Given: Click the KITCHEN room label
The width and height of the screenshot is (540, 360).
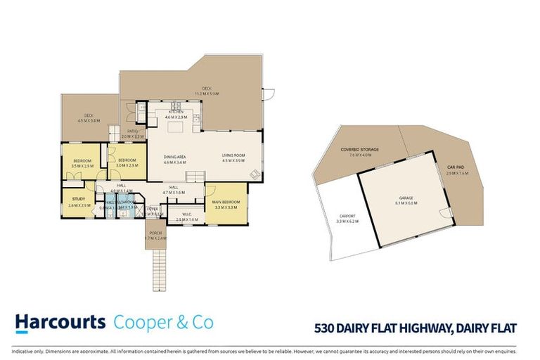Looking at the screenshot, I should tap(175, 112).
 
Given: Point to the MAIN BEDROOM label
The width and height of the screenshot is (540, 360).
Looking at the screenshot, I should tap(226, 202).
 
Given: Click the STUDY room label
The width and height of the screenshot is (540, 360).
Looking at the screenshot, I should tap(77, 199).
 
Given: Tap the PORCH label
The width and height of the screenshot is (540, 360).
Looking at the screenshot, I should tap(155, 233).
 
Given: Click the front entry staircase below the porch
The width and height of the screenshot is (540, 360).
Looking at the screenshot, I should tap(161, 271).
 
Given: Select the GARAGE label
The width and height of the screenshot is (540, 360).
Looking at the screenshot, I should tap(409, 199).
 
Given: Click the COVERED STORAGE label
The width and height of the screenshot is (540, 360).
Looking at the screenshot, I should tap(359, 150).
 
